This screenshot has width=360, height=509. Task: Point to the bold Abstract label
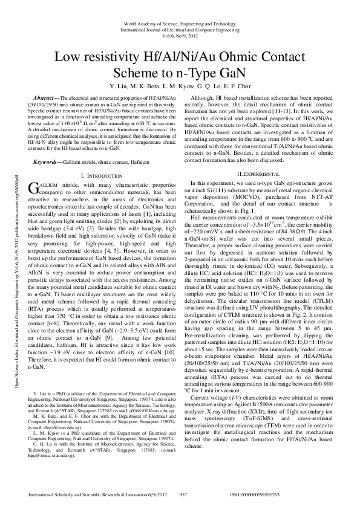point(45,98)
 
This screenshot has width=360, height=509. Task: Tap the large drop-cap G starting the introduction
point(33,187)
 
